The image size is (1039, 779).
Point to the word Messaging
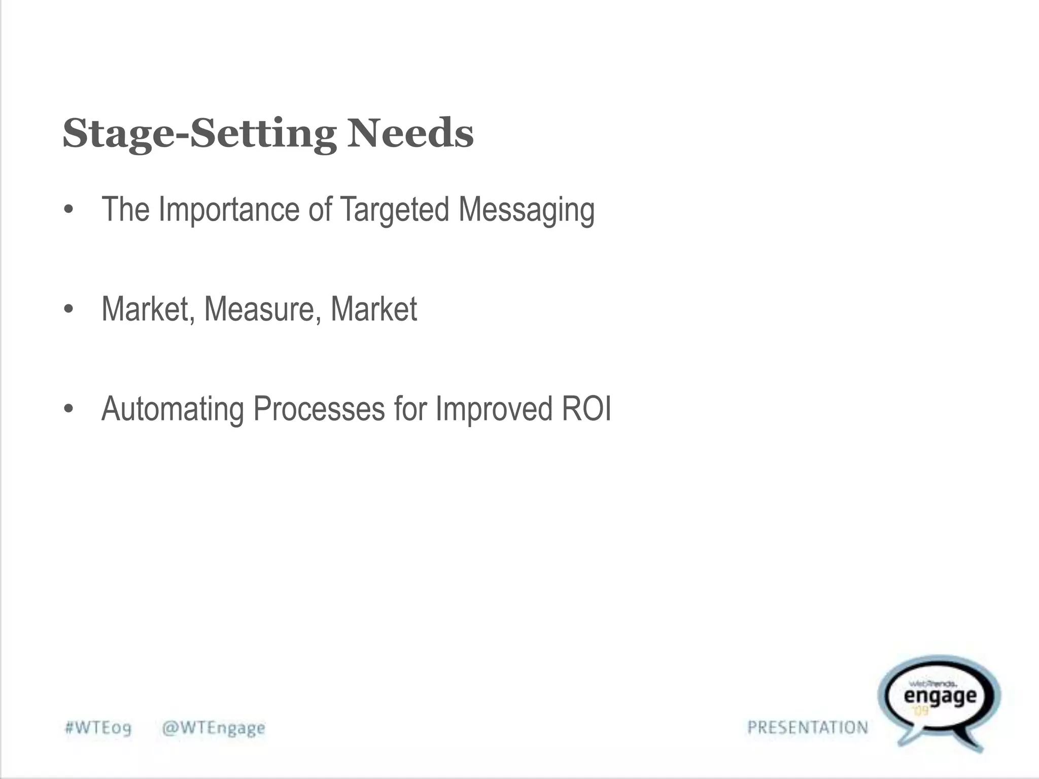[x=526, y=210]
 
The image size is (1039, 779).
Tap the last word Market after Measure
[x=373, y=309]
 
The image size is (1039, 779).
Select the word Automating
[x=172, y=409]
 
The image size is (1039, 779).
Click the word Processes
[x=319, y=409]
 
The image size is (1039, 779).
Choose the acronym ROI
[x=586, y=409]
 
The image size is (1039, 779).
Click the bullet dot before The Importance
[x=69, y=210]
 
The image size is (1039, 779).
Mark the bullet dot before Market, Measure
[x=69, y=309]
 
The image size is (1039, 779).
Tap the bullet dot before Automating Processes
[x=69, y=409]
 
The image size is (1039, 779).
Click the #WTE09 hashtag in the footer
[x=98, y=728]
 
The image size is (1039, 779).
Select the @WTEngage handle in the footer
[x=213, y=728]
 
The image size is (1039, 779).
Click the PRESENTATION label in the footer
[x=808, y=728]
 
